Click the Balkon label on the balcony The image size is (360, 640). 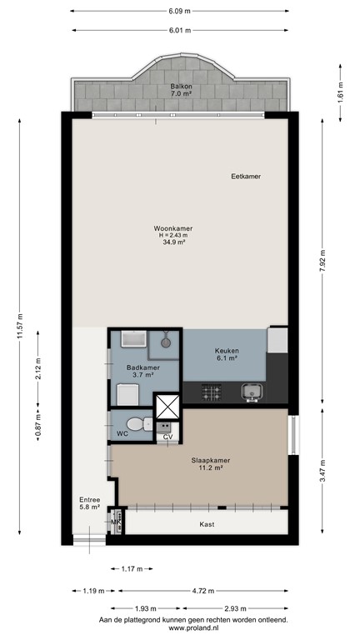click(181, 87)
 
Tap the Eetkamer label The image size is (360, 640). click(246, 177)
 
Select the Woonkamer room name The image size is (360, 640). click(173, 228)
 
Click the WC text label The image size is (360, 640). click(122, 434)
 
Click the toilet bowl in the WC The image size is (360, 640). click(147, 424)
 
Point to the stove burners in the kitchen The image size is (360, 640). click(209, 391)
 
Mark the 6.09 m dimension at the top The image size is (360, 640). click(180, 11)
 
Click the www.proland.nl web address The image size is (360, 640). click(193, 628)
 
